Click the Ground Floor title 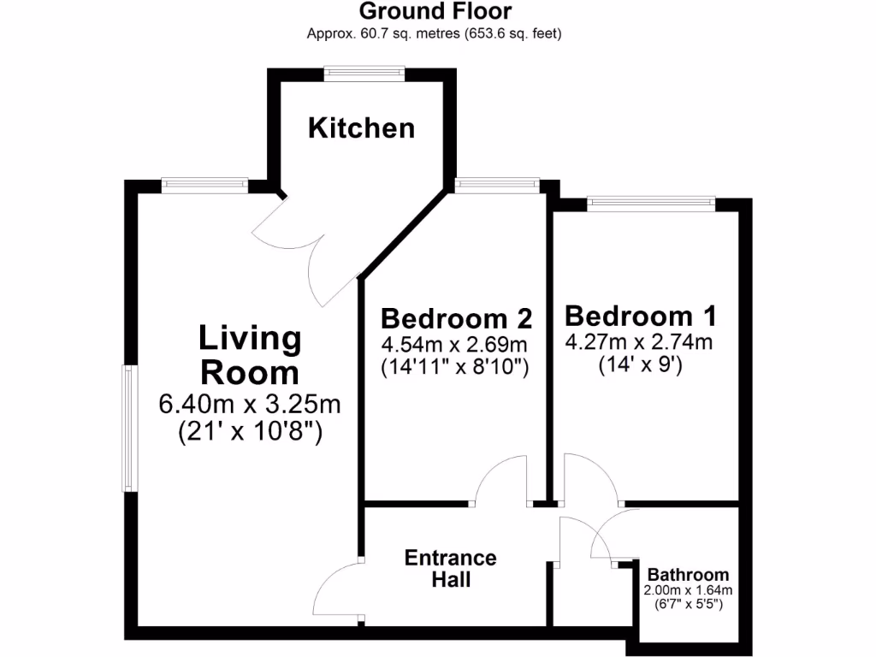[435, 12]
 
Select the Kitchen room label [361, 128]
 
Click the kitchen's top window [364, 74]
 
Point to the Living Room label [249, 355]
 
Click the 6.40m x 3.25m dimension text [250, 403]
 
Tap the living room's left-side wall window [129, 428]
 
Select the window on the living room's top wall [205, 184]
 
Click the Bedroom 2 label [456, 319]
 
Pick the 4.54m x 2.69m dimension [456, 346]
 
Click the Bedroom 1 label [640, 316]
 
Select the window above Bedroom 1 [650, 204]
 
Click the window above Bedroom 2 [497, 184]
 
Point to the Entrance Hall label [451, 569]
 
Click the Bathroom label [688, 575]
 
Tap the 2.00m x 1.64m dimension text [688, 590]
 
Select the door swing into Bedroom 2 [502, 481]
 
